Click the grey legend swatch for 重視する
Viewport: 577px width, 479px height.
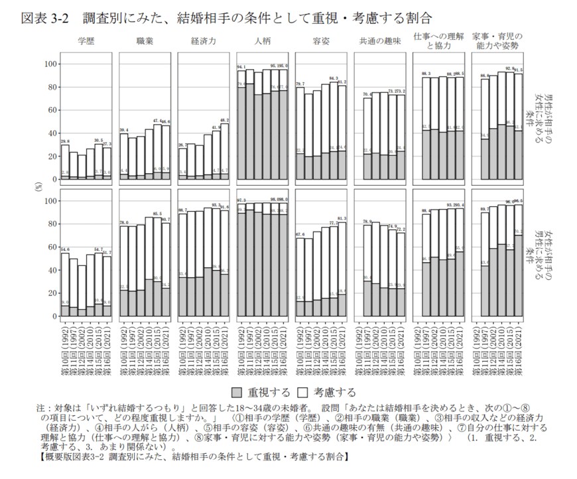(x=237, y=391)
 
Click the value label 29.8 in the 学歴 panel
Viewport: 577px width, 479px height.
(x=65, y=141)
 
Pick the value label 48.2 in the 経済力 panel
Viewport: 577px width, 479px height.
(x=225, y=119)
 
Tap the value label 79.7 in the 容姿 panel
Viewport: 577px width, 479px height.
(x=300, y=83)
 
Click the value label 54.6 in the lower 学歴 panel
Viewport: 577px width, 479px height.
(x=65, y=249)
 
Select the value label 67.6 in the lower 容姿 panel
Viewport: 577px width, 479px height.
(x=300, y=234)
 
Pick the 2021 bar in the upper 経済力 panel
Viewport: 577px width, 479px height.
(x=225, y=152)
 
